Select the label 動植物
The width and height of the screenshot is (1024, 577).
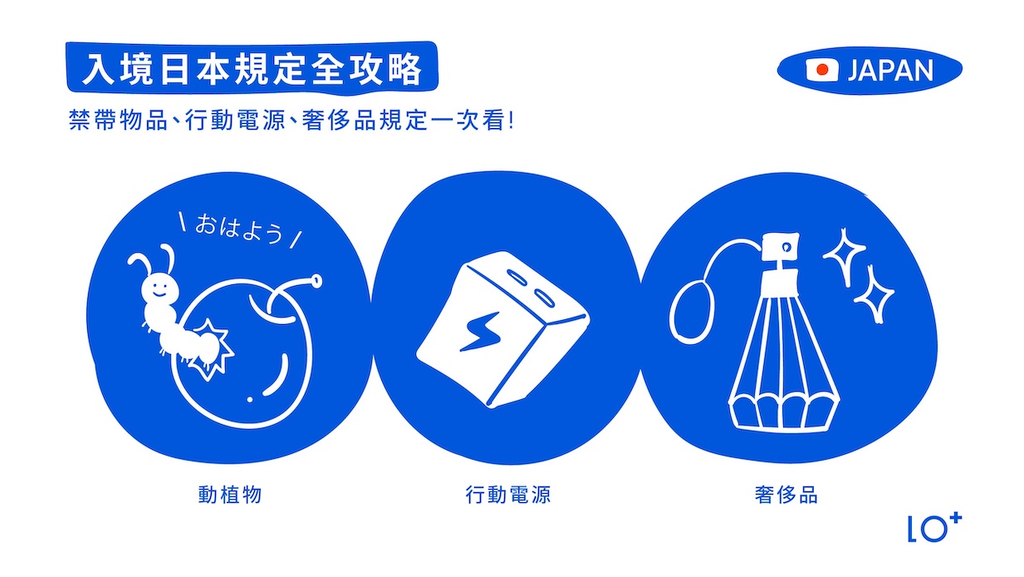230,495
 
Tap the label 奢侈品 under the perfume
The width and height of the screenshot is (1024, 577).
786,495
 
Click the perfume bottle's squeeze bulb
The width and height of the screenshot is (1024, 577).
690,308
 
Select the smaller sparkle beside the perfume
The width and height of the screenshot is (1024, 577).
874,294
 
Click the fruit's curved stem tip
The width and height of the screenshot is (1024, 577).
316,281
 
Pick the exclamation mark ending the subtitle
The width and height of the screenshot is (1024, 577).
509,121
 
